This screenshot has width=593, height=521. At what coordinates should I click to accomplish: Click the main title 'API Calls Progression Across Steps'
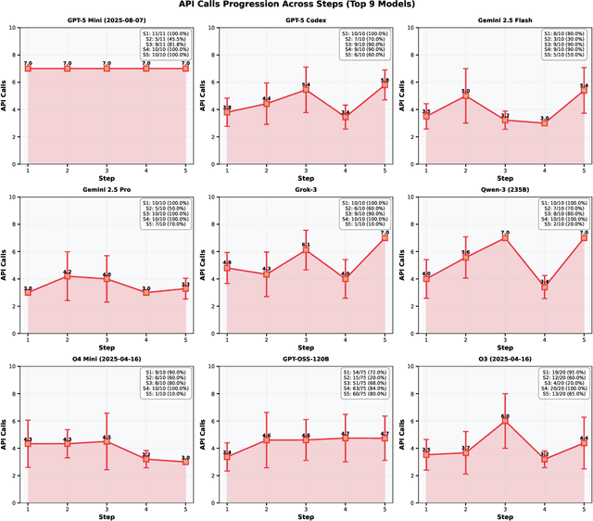coord(296,5)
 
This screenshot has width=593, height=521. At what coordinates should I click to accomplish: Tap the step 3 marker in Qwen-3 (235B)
coord(505,238)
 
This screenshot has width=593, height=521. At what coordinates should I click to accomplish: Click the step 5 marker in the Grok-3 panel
coord(385,237)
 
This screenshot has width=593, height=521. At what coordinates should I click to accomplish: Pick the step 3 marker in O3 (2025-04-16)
coord(505,420)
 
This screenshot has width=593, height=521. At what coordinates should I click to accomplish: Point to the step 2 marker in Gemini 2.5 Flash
coord(466,96)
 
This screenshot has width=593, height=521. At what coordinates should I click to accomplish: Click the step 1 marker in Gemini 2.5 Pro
coord(28,292)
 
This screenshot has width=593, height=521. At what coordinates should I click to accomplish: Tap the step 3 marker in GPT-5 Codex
coord(307,90)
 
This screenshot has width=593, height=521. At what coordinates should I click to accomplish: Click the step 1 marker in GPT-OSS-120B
coord(227,456)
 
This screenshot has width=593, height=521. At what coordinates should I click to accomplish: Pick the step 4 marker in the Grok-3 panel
coord(346,273)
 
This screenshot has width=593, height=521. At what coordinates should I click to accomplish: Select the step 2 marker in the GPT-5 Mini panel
coord(68,69)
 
